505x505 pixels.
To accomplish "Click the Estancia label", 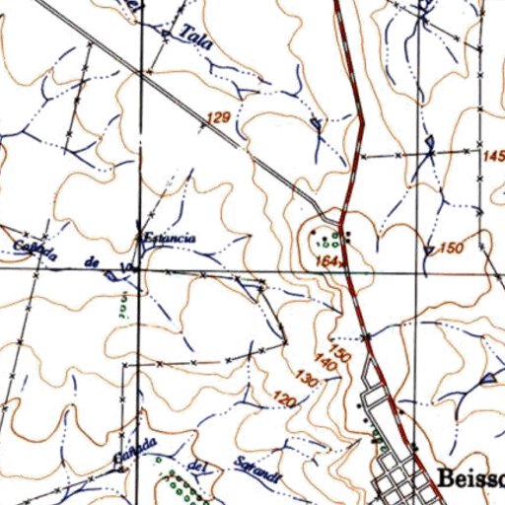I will (169, 238).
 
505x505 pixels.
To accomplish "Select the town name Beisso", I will (469, 479).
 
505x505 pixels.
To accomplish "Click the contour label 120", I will (285, 400).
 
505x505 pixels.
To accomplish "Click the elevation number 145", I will (494, 156).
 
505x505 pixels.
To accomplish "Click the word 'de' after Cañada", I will (95, 260).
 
